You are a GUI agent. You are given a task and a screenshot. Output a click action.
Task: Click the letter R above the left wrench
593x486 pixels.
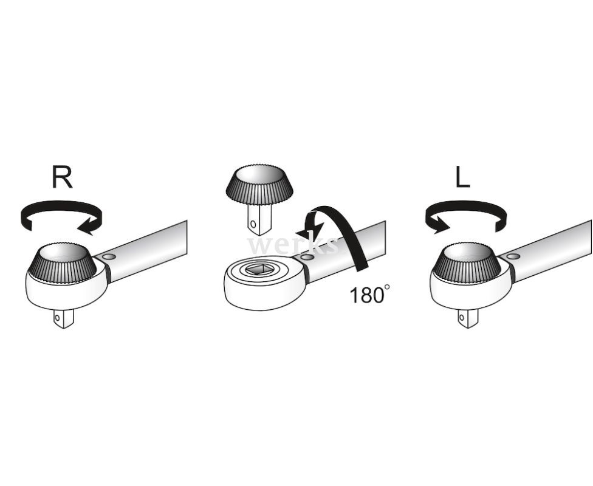63,177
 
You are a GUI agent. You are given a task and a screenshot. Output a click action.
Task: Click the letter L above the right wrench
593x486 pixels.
462,177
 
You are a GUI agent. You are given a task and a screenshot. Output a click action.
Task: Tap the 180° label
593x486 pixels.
369,295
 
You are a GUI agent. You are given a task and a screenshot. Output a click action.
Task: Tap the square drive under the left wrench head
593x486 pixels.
63,318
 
